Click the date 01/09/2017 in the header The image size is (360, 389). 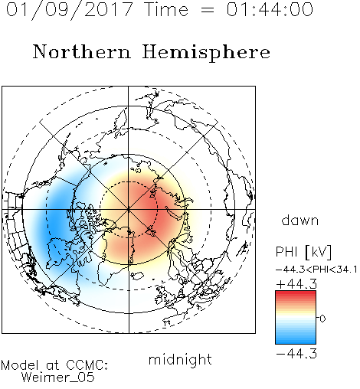click(70, 10)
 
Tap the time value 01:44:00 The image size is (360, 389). click(270, 9)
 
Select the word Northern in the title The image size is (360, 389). click(82, 51)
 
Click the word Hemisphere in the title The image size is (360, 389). click(206, 53)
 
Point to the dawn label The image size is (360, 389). click(300, 221)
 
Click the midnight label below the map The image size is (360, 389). click(180, 360)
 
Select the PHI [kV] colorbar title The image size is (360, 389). click(303, 252)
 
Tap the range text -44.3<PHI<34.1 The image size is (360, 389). click(316, 270)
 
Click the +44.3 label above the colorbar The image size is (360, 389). click(296, 284)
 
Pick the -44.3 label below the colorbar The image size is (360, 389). click(296, 354)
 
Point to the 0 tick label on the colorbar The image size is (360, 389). click(322, 319)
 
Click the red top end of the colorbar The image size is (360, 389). click(296, 293)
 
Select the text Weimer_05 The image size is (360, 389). click(58, 378)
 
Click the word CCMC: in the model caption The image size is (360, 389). click(87, 365)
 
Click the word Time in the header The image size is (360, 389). click(166, 9)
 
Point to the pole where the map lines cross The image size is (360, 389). click(129, 210)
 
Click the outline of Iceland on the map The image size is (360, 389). click(138, 276)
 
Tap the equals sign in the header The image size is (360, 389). click(207, 10)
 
